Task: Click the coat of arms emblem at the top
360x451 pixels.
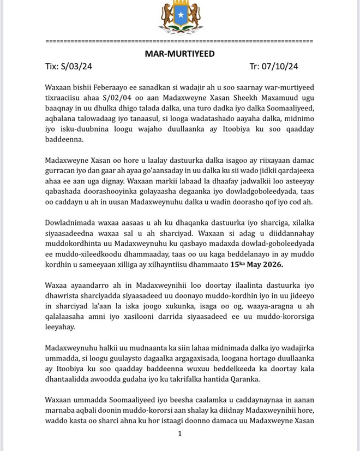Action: [x=179, y=19]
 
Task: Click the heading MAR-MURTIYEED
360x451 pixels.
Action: [x=179, y=54]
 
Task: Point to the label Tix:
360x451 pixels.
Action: [x=53, y=67]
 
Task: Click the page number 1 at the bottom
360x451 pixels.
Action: [x=179, y=434]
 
